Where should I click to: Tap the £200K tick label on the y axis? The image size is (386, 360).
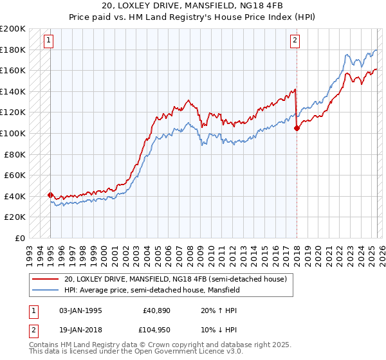point(13,29)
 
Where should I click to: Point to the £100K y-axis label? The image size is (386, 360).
point(13,133)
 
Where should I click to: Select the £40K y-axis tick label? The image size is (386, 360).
point(15,195)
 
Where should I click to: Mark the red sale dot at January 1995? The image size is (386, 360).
point(50,194)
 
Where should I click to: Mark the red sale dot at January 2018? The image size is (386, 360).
point(297,128)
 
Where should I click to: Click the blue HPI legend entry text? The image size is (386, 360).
point(152,290)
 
